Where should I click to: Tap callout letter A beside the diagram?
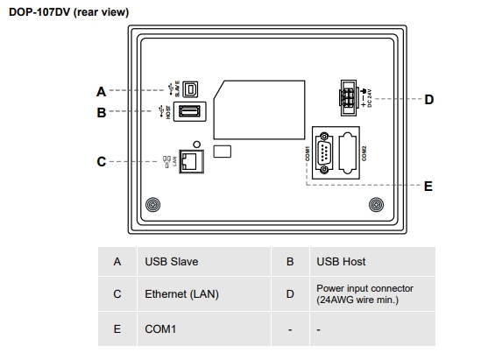[x=101, y=91]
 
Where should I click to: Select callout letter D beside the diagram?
[x=428, y=100]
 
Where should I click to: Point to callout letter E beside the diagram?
[x=428, y=186]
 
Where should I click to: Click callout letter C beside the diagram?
[x=101, y=162]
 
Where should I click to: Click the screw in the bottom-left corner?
[x=152, y=206]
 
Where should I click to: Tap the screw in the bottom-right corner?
[x=375, y=206]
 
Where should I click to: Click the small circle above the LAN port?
[x=197, y=143]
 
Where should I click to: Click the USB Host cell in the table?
[x=342, y=262]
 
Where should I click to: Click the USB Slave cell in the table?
[x=171, y=262]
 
